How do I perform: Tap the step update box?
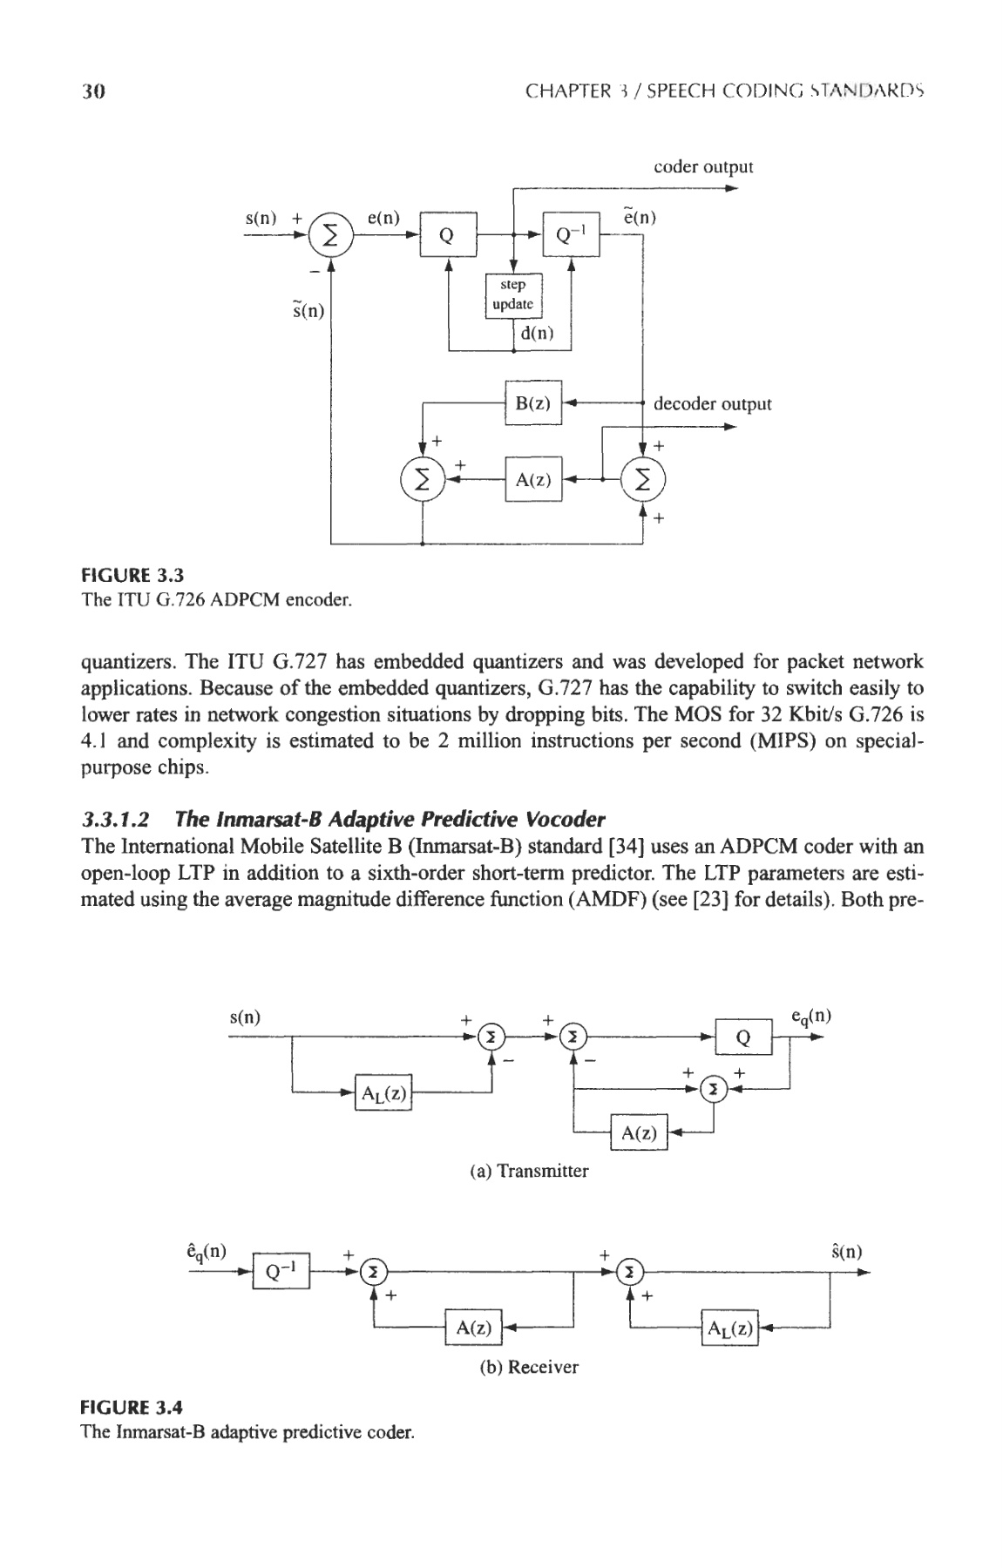pos(513,294)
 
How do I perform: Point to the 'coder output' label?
pos(703,166)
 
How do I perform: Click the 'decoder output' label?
pos(712,404)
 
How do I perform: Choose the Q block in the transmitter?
pos(743,1037)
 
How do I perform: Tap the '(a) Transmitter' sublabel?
pos(529,1172)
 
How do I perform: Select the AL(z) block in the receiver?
pos(730,1328)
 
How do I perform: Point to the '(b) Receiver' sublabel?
pos(529,1367)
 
